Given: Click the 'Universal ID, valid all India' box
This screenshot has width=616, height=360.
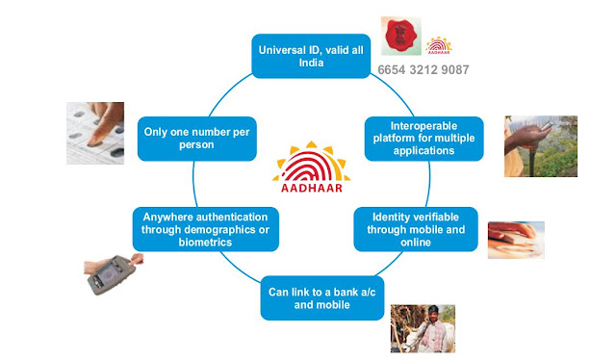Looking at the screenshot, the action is pos(311,56).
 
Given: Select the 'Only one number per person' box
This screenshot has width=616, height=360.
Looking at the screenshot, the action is pos(196,139).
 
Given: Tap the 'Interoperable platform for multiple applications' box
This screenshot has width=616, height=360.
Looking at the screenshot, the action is pos(423,139).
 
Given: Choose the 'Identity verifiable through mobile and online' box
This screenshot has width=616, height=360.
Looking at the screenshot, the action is pos(416,229).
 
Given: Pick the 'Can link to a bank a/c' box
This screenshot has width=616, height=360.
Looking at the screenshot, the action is pos(322,297).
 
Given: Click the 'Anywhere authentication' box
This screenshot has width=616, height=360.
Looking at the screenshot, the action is pos(205,229).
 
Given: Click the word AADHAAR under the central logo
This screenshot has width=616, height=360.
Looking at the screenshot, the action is pos(312,188).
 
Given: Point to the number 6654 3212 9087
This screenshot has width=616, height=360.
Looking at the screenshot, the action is pos(423,70).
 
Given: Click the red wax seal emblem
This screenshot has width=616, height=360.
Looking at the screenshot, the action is pos(400,36).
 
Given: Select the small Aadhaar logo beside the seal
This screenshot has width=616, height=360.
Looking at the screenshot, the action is pos(439,45).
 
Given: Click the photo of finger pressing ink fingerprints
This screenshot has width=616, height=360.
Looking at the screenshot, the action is pos(95,133).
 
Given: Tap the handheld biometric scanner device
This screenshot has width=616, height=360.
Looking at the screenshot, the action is pos(113,274).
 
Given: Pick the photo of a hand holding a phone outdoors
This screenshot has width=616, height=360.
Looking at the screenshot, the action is pos(541,146).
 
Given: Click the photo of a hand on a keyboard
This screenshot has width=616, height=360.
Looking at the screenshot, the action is pos(516,240).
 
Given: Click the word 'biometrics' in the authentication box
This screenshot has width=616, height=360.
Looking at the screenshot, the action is pos(205,243).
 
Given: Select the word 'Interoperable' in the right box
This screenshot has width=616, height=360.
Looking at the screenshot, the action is pos(423,126).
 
